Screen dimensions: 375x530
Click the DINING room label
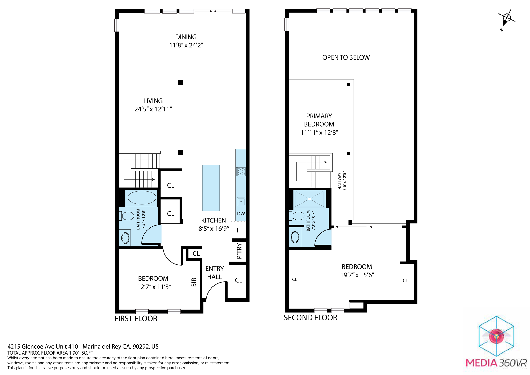coord(186,37)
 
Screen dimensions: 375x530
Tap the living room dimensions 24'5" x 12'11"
coord(153,109)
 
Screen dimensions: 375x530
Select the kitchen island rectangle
coord(211,188)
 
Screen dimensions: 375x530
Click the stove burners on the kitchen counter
coord(241,171)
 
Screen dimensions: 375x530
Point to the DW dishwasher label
coord(241,214)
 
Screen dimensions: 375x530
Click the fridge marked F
coord(238,230)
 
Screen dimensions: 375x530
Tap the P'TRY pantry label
coord(239,251)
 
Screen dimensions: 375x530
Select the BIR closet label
coord(194,282)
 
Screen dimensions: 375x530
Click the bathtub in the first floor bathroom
coord(142,198)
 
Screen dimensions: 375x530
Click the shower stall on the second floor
coord(310,199)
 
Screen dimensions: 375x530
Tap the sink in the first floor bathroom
coord(125,238)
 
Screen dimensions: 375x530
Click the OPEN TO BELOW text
coord(346,57)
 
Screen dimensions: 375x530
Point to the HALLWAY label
coord(340,181)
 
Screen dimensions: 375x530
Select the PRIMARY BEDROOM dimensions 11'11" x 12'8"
coord(319,133)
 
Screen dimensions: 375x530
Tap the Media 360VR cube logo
coord(496,336)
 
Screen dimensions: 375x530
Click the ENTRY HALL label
coord(214,273)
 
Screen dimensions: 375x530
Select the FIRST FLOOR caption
coord(136,319)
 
